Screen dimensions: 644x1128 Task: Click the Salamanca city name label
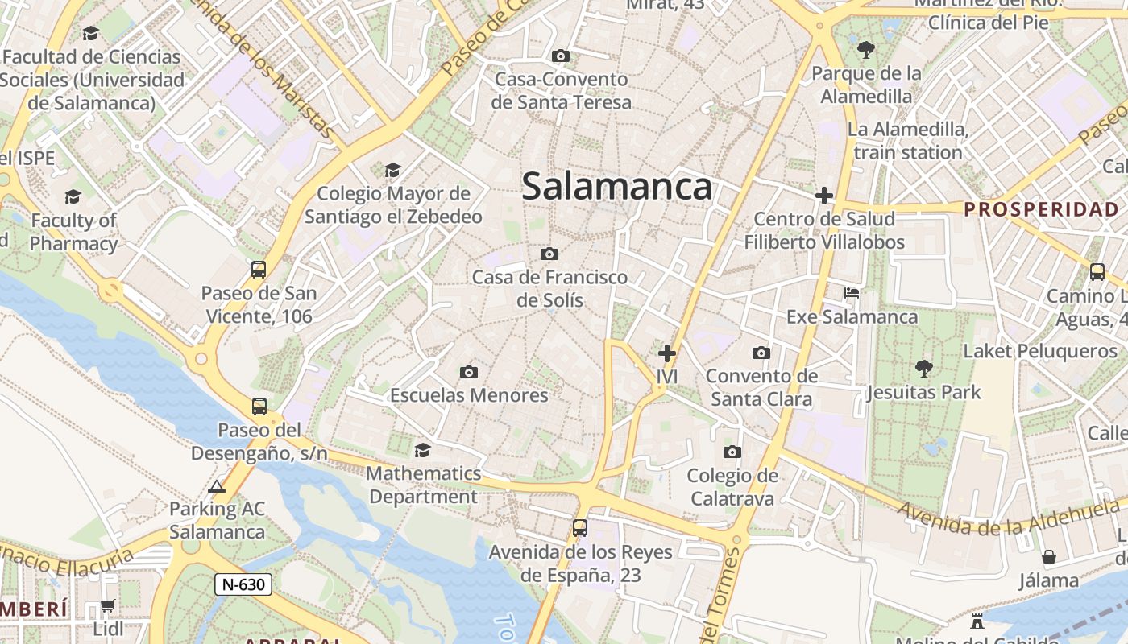click(616, 187)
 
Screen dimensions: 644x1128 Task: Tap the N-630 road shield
click(243, 584)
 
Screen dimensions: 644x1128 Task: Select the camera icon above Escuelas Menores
click(469, 372)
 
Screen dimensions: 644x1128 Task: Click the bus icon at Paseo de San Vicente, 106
click(259, 270)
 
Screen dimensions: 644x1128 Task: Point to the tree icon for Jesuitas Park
click(923, 369)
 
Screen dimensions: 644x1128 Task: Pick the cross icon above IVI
click(667, 353)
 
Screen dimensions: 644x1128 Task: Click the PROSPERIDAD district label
click(1041, 210)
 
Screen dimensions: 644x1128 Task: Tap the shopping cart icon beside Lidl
click(107, 605)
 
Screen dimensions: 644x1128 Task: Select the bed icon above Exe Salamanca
click(852, 293)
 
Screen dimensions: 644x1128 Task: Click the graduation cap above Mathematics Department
click(422, 449)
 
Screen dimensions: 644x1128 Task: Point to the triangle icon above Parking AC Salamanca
click(216, 486)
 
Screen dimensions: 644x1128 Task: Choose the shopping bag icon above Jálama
click(1048, 557)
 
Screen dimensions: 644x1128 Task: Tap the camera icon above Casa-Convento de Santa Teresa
click(561, 56)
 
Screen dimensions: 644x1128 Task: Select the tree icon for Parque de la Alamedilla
click(866, 50)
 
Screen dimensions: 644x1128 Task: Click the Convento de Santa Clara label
click(761, 387)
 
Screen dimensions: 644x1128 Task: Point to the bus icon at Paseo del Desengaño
click(259, 407)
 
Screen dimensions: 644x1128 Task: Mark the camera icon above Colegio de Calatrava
click(732, 452)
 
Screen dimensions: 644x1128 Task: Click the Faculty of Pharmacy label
click(74, 232)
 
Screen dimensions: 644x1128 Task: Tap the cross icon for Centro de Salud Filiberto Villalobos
click(823, 196)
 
